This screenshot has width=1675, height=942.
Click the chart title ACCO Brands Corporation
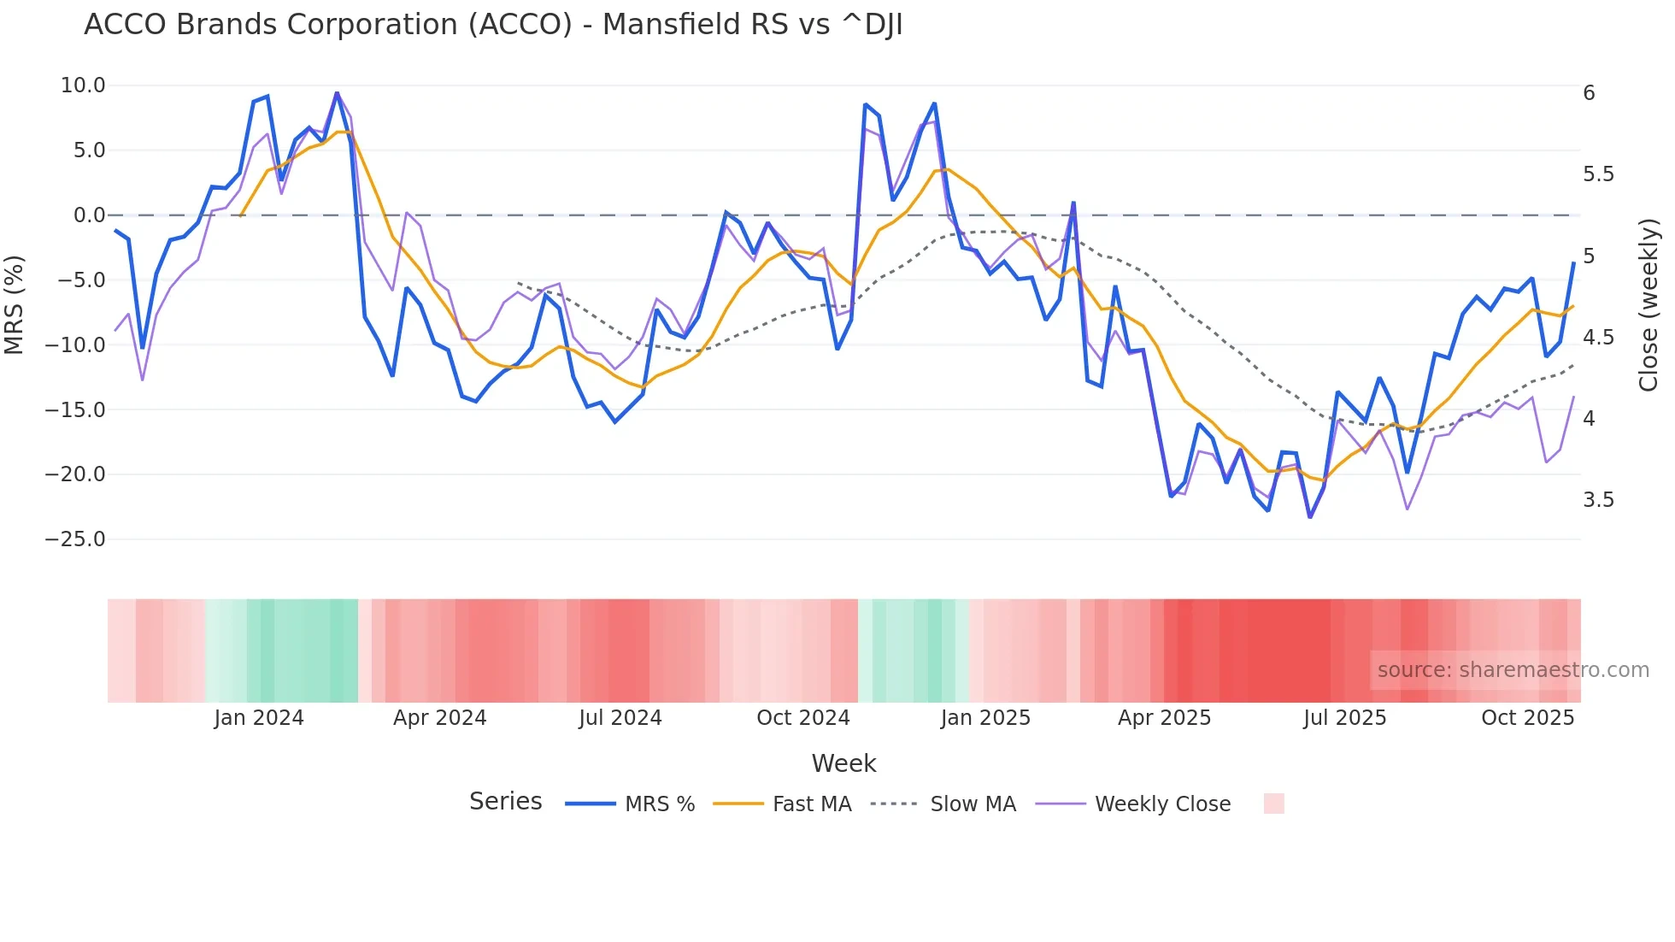[492, 25]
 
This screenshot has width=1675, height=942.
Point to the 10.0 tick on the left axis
[83, 85]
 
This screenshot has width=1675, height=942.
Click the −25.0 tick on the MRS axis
[75, 539]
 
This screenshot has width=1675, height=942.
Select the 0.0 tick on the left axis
[89, 215]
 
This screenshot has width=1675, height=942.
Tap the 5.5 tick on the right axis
[1598, 174]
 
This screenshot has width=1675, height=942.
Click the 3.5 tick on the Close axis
[1598, 500]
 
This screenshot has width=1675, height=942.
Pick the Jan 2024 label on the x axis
[259, 718]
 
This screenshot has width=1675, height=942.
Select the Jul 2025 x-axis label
[1344, 718]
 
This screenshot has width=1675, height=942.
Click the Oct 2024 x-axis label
[803, 718]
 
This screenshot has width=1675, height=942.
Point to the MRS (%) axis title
[15, 304]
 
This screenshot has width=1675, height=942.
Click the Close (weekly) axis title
[1649, 305]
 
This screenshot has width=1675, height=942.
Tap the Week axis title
[843, 763]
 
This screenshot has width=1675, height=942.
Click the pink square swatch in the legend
[1273, 804]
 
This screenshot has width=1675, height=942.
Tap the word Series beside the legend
[505, 802]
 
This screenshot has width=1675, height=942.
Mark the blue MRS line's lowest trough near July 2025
[1310, 516]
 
